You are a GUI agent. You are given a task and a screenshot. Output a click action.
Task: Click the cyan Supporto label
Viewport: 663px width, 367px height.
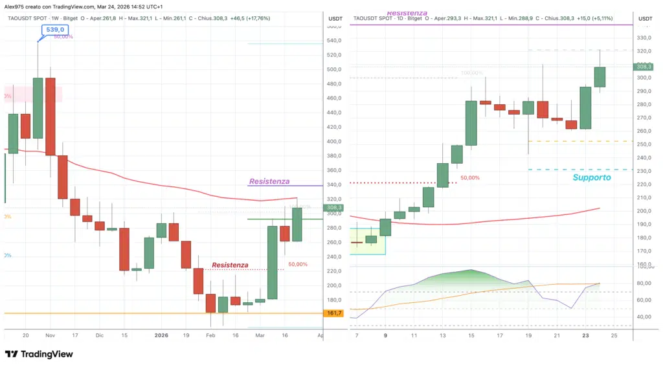pyautogui.click(x=591, y=177)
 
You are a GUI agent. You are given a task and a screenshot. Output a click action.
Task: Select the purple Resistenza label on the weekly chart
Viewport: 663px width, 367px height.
pyautogui.click(x=269, y=181)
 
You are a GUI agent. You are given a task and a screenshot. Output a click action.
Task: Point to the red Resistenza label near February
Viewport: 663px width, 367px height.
pyautogui.click(x=230, y=265)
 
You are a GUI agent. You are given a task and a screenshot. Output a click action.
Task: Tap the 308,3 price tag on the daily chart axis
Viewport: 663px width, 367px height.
pyautogui.click(x=644, y=67)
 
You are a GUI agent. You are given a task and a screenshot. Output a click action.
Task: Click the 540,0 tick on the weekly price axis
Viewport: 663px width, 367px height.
pyautogui.click(x=334, y=40)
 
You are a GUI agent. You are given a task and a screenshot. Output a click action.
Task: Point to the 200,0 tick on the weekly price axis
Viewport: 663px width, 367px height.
pyautogui.click(x=334, y=285)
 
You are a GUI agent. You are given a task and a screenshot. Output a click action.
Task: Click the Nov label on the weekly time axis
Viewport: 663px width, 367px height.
pyautogui.click(x=51, y=335)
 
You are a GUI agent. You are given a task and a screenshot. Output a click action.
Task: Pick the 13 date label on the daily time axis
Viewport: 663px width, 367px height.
pyautogui.click(x=443, y=335)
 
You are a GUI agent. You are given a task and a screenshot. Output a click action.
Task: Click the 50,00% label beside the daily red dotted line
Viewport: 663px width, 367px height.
pyautogui.click(x=470, y=177)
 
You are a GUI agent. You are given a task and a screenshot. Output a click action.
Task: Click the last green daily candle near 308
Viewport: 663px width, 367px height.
pyautogui.click(x=600, y=77)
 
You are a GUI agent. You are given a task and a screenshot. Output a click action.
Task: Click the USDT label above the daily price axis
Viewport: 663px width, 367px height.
pyautogui.click(x=645, y=18)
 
